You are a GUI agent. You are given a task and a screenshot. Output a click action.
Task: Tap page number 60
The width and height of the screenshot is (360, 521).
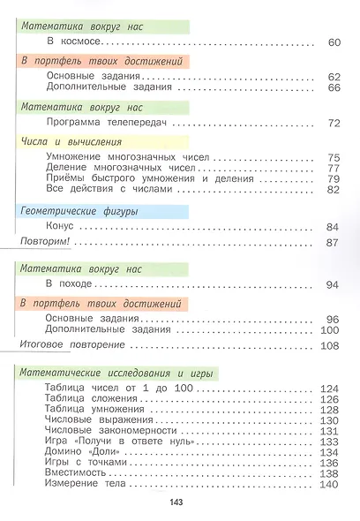[x=333, y=42]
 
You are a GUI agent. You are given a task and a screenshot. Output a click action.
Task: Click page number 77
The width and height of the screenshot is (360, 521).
[x=333, y=168]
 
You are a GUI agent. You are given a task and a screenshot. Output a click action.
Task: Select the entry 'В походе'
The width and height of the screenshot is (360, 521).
[x=67, y=284]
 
